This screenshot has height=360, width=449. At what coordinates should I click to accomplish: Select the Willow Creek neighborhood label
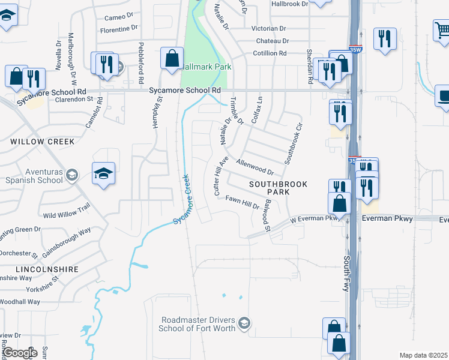pyautogui.click(x=42, y=142)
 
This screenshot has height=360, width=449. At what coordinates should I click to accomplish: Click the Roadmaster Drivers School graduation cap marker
pyautogui.click(x=244, y=324)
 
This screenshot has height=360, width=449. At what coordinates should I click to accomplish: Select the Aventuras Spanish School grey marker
pyautogui.click(x=71, y=175)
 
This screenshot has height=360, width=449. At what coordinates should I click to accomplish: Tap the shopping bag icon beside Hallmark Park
pyautogui.click(x=172, y=58)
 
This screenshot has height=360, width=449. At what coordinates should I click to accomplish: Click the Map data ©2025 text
pyautogui.click(x=423, y=355)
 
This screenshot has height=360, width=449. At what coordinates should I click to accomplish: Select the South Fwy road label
pyautogui.click(x=347, y=273)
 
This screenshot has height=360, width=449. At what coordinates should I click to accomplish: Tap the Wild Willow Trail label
pyautogui.click(x=66, y=211)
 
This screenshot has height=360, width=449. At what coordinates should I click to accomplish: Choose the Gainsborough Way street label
pyautogui.click(x=67, y=242)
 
